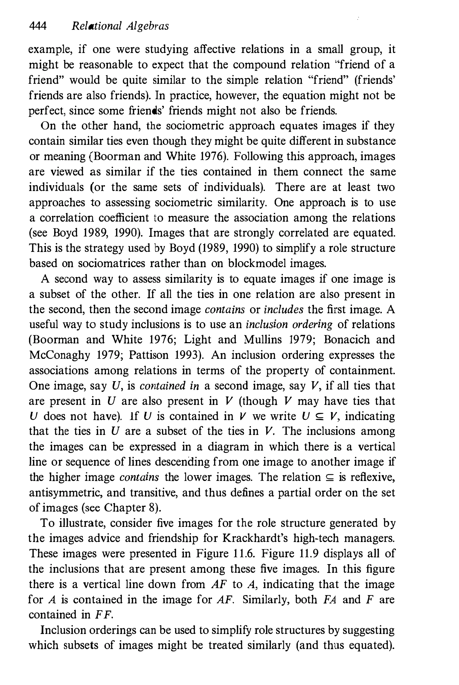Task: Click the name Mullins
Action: click(x=266, y=340)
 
